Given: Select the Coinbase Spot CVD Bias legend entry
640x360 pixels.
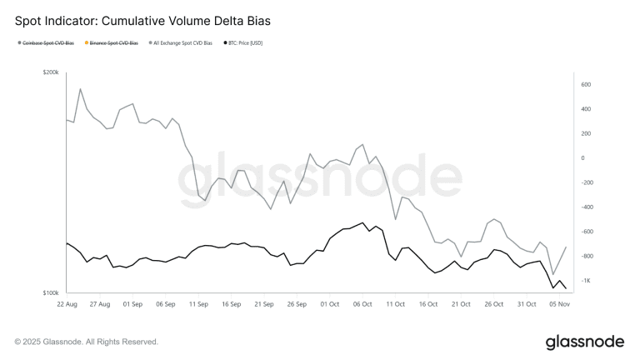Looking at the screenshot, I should pyautogui.click(x=47, y=42).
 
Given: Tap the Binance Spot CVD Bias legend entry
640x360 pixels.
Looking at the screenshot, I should pyautogui.click(x=112, y=42).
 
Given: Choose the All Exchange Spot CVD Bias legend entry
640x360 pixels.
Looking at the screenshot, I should pyautogui.click(x=181, y=42).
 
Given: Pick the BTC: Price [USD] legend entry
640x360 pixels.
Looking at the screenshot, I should pyautogui.click(x=242, y=42).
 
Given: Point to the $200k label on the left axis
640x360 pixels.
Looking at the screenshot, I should pyautogui.click(x=51, y=73).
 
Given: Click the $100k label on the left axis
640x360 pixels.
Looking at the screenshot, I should pyautogui.click(x=51, y=293).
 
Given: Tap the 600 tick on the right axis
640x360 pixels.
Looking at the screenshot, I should pyautogui.click(x=585, y=84).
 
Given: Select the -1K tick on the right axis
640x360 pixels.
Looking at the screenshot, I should pyautogui.click(x=586, y=281).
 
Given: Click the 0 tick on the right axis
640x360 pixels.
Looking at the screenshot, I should pyautogui.click(x=582, y=157).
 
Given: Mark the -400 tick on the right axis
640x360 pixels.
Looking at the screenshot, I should pyautogui.click(x=587, y=207).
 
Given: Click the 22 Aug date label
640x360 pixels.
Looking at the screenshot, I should pyautogui.click(x=67, y=304).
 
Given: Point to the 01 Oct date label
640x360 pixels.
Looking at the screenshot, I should pyautogui.click(x=329, y=304).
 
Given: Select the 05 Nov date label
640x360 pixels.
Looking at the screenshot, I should pyautogui.click(x=558, y=304).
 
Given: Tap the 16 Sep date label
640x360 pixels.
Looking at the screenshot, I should pyautogui.click(x=231, y=304).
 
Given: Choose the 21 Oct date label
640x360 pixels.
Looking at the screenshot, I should pyautogui.click(x=460, y=304).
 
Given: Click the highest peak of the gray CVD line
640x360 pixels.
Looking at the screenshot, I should pyautogui.click(x=80, y=88).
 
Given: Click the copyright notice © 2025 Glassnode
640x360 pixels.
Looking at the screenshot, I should pyautogui.click(x=87, y=342).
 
